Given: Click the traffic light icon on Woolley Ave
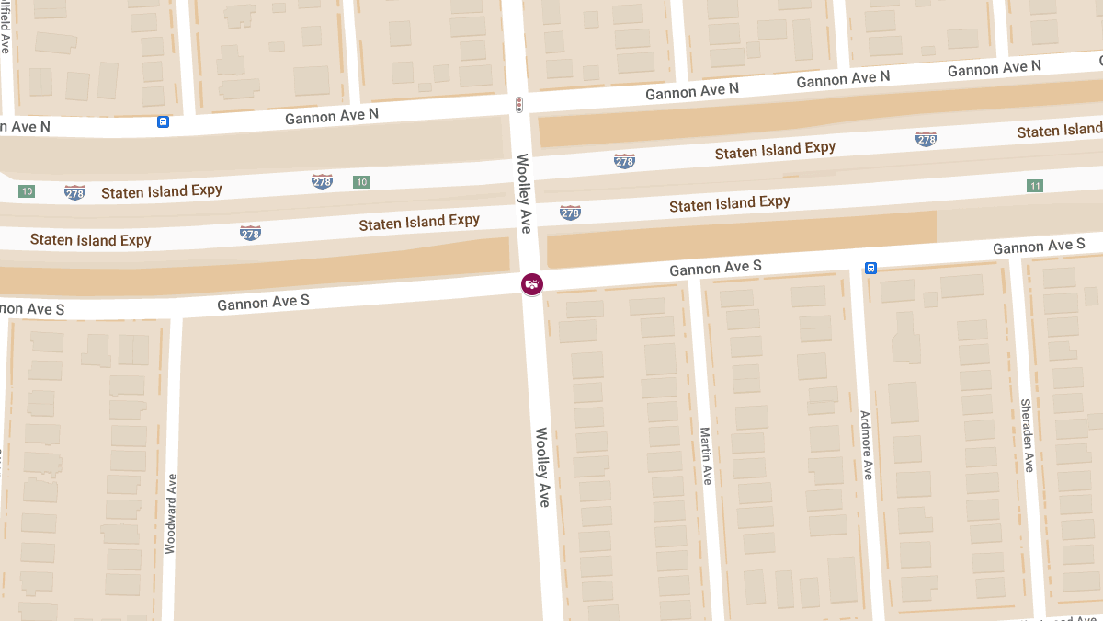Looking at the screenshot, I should click(519, 105).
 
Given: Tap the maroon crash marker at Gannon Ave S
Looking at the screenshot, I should click(531, 284).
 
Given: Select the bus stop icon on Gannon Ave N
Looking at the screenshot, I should click(163, 121).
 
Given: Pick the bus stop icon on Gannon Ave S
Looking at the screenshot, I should click(870, 268).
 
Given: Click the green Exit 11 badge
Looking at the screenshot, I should click(1035, 186).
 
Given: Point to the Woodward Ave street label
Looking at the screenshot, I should click(170, 513).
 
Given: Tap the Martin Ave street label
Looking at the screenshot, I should click(706, 456).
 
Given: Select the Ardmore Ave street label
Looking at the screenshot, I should click(865, 445).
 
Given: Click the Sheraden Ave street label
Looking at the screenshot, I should click(1027, 435).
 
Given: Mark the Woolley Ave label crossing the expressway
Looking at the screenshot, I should click(524, 193).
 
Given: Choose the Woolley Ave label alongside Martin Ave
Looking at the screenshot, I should click(542, 467).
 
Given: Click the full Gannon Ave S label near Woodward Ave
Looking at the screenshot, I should click(263, 302).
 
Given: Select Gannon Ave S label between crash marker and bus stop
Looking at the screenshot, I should click(715, 268).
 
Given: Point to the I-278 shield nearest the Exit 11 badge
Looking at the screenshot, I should click(926, 139).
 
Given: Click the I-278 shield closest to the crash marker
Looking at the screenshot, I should click(570, 213).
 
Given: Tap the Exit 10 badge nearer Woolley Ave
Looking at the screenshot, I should click(361, 182).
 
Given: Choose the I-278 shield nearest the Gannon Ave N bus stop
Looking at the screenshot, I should click(74, 192).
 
